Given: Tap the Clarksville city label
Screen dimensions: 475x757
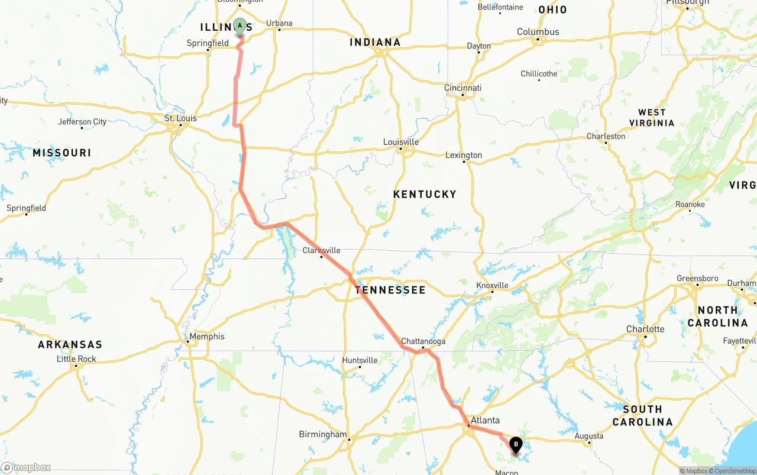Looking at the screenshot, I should click(321, 250).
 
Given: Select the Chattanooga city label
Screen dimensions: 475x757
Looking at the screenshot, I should click(423, 341).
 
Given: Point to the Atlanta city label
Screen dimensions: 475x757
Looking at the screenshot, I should click(485, 421).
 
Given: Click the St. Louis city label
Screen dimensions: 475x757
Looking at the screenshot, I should click(180, 118).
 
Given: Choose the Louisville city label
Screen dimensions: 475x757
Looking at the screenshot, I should click(401, 142).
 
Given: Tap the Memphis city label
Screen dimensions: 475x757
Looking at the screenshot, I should click(206, 337).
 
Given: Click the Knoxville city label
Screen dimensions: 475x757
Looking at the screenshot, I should click(492, 286).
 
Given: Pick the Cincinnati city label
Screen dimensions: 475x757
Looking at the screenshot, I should click(462, 88).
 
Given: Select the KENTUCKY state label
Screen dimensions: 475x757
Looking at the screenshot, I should click(425, 194).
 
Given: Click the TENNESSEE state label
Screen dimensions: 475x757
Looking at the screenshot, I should click(390, 290).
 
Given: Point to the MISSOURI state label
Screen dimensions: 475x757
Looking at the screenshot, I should click(62, 153).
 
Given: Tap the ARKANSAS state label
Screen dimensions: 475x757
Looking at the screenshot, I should click(70, 344).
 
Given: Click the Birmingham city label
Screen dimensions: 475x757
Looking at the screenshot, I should click(323, 434).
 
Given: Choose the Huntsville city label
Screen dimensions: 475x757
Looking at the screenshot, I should click(360, 360).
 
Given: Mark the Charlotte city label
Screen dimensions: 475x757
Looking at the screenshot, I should click(645, 329).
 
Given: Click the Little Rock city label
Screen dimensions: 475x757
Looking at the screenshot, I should click(76, 359).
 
